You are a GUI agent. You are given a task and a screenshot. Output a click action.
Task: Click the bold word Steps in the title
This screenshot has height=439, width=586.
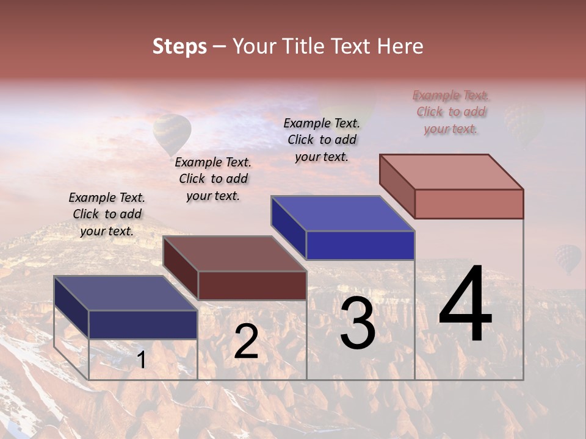tap(179, 46)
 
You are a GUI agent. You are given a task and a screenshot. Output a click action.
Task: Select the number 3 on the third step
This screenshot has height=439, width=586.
tap(358, 323)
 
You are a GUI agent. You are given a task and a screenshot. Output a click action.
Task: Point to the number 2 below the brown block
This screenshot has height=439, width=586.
tap(246, 341)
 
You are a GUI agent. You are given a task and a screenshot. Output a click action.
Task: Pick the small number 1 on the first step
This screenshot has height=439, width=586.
tap(142, 360)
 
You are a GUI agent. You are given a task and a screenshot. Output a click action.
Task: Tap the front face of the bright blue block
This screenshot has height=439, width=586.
tap(360, 245)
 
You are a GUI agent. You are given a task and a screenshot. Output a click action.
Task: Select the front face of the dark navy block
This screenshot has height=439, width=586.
tap(143, 324)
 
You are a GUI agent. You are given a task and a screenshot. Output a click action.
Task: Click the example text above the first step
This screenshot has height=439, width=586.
tap(107, 214)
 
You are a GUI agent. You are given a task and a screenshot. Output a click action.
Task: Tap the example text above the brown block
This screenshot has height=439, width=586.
tap(213, 179)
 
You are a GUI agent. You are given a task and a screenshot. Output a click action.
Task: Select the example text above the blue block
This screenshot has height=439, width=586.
tap(322, 140)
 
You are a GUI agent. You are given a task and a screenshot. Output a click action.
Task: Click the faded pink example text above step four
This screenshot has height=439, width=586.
tap(450, 112)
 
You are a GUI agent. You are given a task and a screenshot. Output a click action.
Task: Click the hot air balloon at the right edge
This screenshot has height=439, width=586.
tap(568, 258)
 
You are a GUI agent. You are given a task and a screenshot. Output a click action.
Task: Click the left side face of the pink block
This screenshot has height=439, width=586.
tap(397, 185)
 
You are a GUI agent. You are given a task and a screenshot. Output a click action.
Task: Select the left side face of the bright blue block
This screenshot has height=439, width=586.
tap(288, 226)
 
